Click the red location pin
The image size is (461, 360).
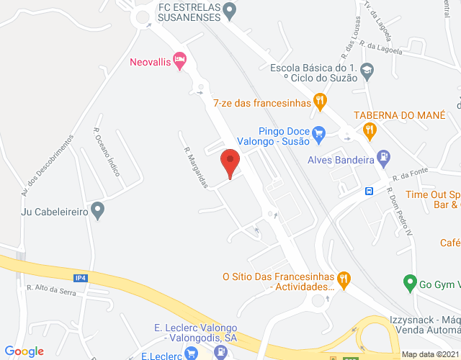[230, 162]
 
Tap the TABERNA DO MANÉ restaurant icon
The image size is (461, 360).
[370, 130]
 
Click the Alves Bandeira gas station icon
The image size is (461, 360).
[385, 155]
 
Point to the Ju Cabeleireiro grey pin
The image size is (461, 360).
[99, 212]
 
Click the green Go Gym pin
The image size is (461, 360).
[409, 282]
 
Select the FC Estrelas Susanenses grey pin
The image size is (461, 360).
[229, 10]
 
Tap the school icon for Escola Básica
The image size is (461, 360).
[367, 71]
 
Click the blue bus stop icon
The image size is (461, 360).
[369, 191]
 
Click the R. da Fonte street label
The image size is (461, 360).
[405, 176]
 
